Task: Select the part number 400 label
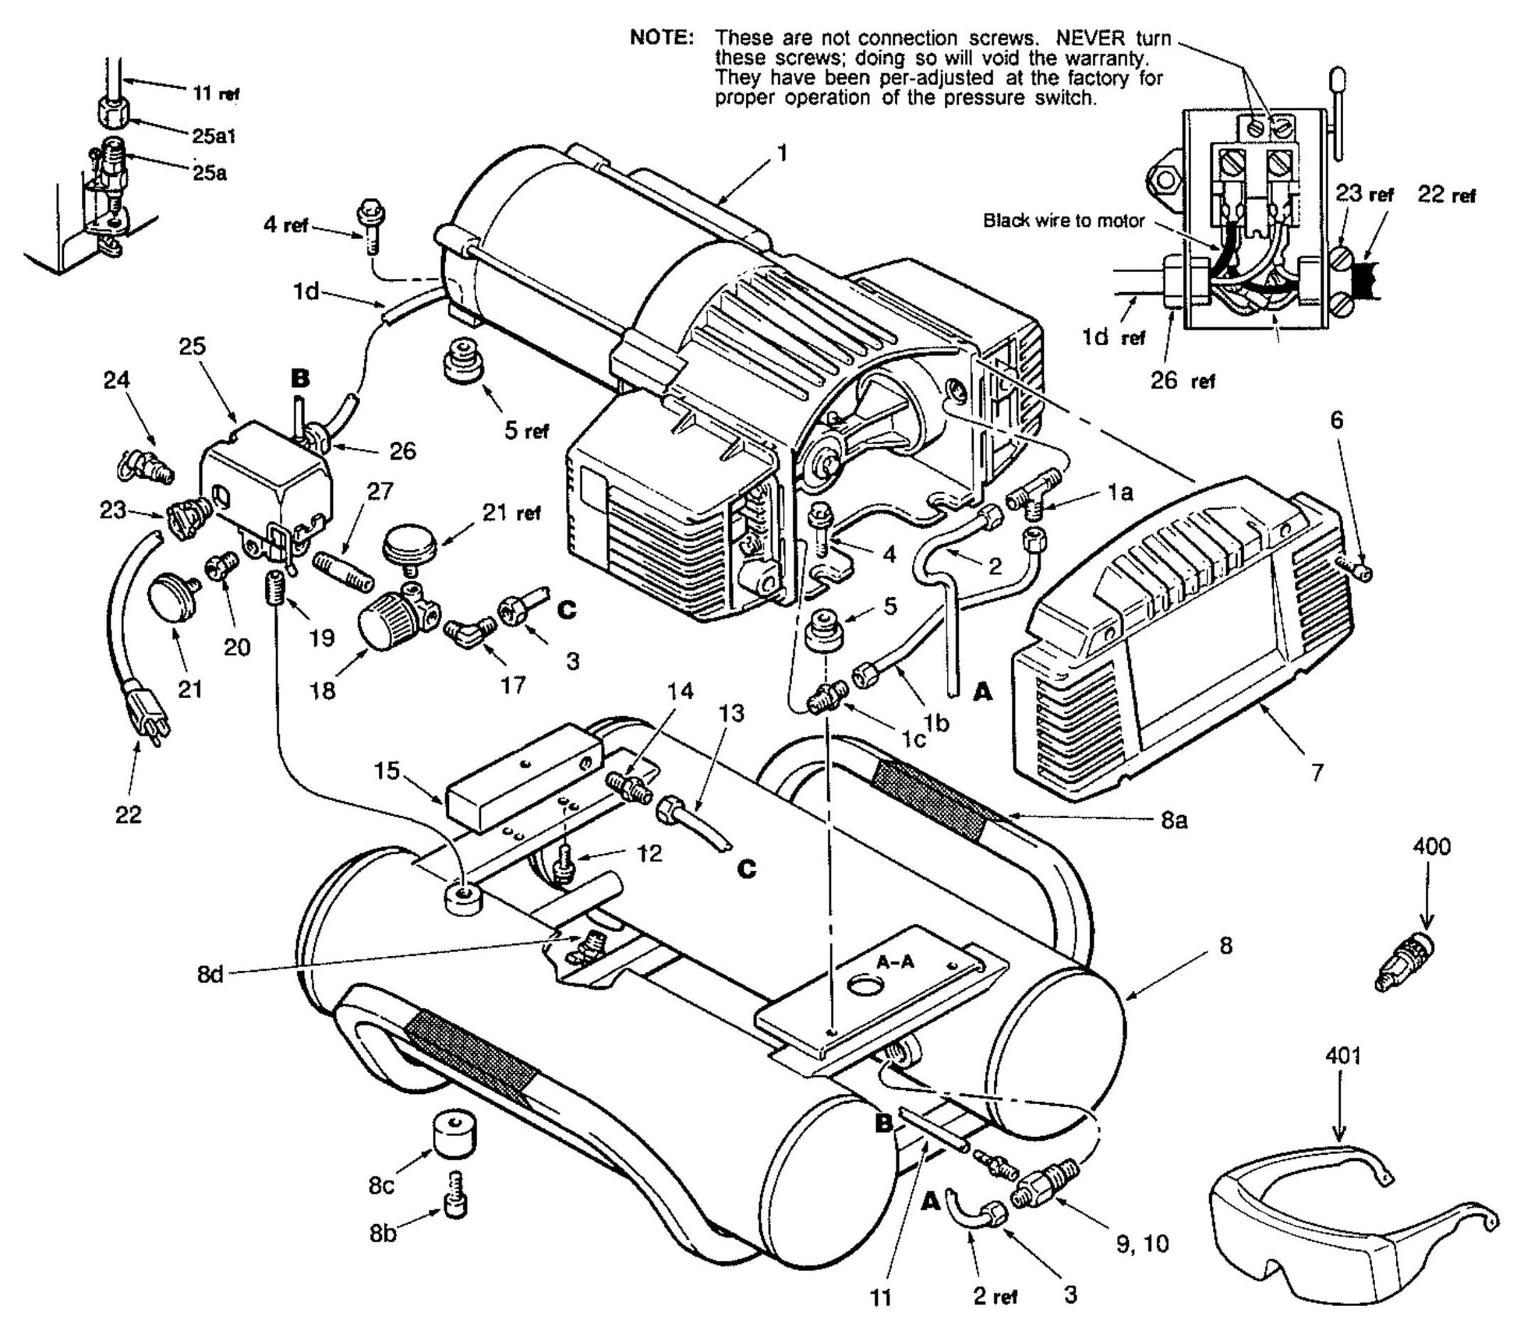pyautogui.click(x=1431, y=846)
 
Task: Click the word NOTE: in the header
pyautogui.click(x=661, y=37)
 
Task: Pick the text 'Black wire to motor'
pyautogui.click(x=1063, y=221)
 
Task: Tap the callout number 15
pyautogui.click(x=387, y=771)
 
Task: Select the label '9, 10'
pyautogui.click(x=1142, y=1244)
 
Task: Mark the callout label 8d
pyautogui.click(x=210, y=975)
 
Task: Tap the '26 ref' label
pyautogui.click(x=1183, y=381)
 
